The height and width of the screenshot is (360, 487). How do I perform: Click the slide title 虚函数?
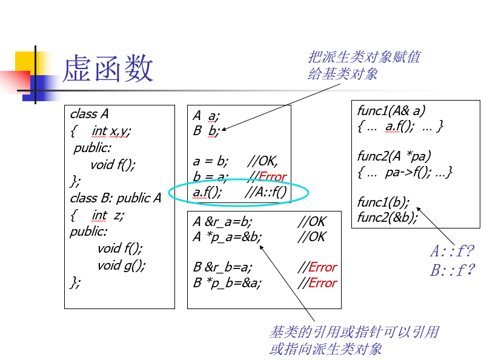(x=108, y=68)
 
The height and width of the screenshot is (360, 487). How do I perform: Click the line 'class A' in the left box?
(x=90, y=114)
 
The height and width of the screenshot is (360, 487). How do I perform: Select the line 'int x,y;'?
(x=111, y=131)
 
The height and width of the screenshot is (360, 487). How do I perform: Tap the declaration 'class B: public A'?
(x=116, y=198)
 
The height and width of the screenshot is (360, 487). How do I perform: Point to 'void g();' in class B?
(x=121, y=265)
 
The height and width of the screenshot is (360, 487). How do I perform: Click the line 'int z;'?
(x=108, y=215)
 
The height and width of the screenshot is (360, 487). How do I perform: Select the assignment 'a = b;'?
(x=211, y=161)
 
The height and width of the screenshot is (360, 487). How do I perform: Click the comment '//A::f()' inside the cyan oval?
(x=265, y=192)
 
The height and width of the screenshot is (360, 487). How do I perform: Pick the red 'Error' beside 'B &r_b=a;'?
(x=323, y=267)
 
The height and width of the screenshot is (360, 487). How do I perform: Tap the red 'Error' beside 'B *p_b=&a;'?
(x=323, y=283)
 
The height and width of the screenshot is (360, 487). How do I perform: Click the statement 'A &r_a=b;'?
(x=222, y=222)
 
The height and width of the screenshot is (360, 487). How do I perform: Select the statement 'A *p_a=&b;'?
(x=227, y=237)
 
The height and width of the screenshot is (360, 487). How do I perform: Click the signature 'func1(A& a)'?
(x=391, y=111)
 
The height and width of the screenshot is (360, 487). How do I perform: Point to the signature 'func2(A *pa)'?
(x=394, y=156)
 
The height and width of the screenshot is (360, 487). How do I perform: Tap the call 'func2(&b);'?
(x=388, y=218)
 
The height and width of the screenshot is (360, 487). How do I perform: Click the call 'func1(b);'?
(x=383, y=202)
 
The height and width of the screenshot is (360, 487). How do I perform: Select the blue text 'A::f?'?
(x=452, y=250)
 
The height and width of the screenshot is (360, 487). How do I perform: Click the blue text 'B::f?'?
(x=452, y=270)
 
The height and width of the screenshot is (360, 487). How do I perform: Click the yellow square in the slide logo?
(x=25, y=62)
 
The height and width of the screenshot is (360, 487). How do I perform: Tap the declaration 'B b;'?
(x=206, y=131)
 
